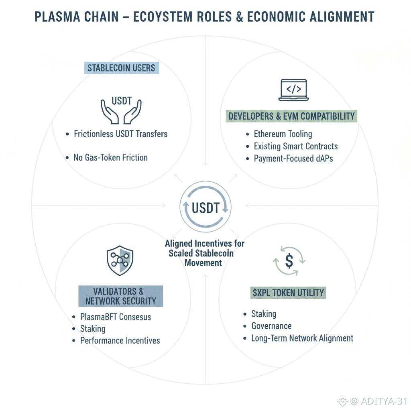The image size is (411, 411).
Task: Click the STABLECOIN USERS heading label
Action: [x=121, y=67]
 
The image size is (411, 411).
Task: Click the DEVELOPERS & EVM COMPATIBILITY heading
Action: [x=292, y=116]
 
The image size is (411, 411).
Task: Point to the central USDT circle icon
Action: [x=205, y=208]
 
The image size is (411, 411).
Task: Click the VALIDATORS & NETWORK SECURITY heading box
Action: [x=120, y=296]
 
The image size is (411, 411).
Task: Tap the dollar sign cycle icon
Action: [x=289, y=261]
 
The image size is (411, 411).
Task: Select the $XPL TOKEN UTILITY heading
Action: [x=288, y=293]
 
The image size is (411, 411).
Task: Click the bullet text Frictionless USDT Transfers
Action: [x=120, y=134]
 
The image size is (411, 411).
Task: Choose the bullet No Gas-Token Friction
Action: [x=110, y=157]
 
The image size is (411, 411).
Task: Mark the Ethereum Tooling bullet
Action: [x=283, y=134]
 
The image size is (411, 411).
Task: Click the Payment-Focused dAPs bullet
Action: [x=293, y=158]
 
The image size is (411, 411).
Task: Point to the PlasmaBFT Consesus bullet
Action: [x=116, y=317]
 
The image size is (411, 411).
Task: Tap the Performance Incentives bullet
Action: [x=120, y=340]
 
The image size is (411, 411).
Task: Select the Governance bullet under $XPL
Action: [x=271, y=326]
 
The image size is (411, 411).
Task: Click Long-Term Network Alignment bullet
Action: [x=302, y=338]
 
